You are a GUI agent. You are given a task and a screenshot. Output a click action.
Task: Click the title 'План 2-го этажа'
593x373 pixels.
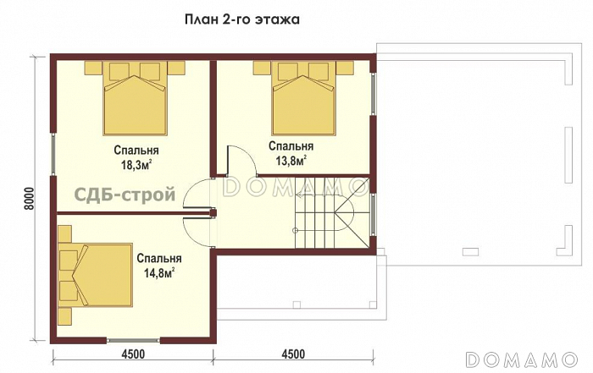point(242,19)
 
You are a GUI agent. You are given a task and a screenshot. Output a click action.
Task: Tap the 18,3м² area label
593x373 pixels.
point(136,165)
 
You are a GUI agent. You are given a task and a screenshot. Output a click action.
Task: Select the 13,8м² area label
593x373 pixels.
point(291,161)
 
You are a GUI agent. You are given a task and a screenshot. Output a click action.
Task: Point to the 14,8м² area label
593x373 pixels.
point(159,273)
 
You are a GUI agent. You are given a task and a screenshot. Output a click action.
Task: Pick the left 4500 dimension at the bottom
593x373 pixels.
point(133,354)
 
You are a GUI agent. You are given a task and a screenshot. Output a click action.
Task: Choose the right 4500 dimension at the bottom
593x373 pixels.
point(293,354)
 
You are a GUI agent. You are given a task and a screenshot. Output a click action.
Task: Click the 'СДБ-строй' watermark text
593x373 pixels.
point(125,195)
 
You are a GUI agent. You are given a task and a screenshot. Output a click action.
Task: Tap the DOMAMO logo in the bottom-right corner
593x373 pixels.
point(522,359)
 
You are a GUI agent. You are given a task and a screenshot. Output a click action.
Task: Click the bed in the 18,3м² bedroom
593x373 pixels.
point(135,98)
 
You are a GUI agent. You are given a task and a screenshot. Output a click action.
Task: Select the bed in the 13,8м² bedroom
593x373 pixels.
point(303,98)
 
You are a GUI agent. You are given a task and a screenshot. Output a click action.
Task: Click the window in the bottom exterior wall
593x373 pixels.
point(133,341)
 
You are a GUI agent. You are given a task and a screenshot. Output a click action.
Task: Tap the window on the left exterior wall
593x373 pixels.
point(53,154)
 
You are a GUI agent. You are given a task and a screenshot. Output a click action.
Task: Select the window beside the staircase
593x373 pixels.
point(374,215)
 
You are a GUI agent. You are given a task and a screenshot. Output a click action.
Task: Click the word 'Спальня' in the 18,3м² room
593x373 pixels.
point(136,151)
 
